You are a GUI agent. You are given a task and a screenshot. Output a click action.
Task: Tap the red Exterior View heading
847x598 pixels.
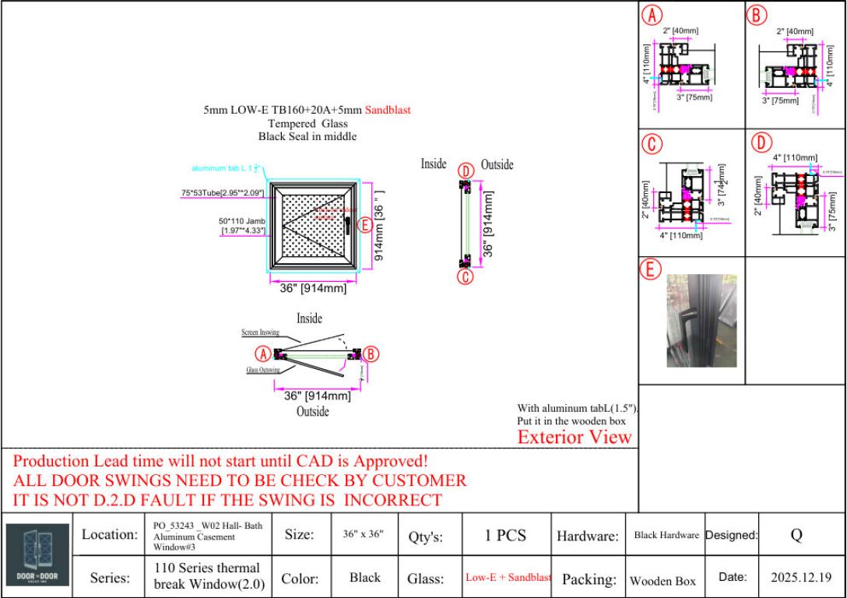[575, 437]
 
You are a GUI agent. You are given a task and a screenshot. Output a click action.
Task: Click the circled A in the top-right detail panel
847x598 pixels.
[651, 14]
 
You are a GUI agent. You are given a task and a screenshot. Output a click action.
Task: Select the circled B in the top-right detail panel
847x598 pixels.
[757, 14]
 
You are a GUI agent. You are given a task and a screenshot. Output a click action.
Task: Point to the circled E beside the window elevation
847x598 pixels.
[363, 225]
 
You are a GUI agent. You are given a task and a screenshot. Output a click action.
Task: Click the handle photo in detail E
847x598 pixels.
[691, 320]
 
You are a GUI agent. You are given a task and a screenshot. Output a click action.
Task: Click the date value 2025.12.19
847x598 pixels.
[801, 578]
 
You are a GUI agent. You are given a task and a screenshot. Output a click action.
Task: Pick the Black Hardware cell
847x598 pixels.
[666, 536]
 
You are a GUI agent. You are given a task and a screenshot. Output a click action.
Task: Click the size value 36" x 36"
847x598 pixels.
[364, 536]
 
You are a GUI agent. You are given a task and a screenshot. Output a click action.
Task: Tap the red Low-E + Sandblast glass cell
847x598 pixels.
[508, 578]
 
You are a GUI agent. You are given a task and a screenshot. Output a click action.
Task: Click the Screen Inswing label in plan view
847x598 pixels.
[259, 332]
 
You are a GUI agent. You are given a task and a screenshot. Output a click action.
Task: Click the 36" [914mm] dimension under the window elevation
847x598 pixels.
[313, 289]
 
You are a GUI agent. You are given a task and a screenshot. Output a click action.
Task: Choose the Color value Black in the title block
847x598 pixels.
[364, 578]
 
